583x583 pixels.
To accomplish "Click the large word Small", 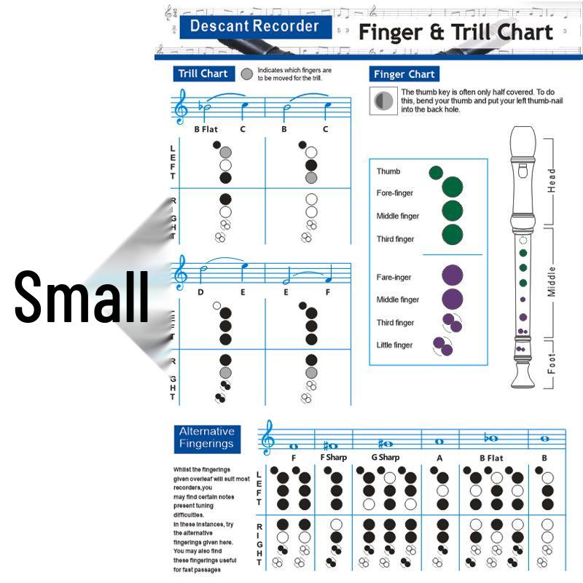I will (x=82, y=297).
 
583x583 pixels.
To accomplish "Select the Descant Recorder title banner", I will (x=254, y=27).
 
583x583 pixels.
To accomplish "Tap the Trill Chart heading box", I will (x=203, y=74).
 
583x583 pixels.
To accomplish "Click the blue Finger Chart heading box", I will (x=404, y=74).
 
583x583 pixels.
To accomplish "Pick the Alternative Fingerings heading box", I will (x=207, y=437).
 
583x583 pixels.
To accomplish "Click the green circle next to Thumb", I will (x=436, y=172).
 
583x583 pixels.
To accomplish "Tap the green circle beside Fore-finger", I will (x=452, y=187).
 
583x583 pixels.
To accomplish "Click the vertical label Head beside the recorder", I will (x=552, y=180).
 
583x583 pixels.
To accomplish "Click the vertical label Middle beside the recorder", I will (x=552, y=281).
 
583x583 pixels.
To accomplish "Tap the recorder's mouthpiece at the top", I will (x=522, y=138).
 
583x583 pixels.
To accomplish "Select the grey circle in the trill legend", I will (x=247, y=74).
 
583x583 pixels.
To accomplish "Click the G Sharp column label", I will (x=385, y=458).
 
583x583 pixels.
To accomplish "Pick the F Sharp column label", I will (x=334, y=458).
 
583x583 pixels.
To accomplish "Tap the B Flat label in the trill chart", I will (x=206, y=129).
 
